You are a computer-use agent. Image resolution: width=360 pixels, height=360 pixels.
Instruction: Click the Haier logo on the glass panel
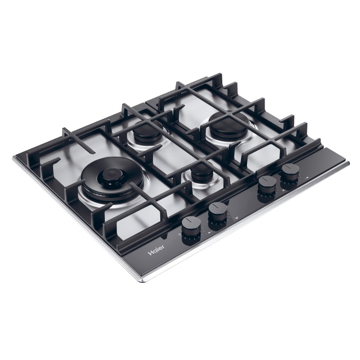pyautogui.click(x=156, y=249)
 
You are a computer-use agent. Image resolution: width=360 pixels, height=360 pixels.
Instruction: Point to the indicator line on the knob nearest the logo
pyautogui.click(x=191, y=220)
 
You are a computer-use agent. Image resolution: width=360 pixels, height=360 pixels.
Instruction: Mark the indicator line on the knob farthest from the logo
pyautogui.click(x=291, y=167)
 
